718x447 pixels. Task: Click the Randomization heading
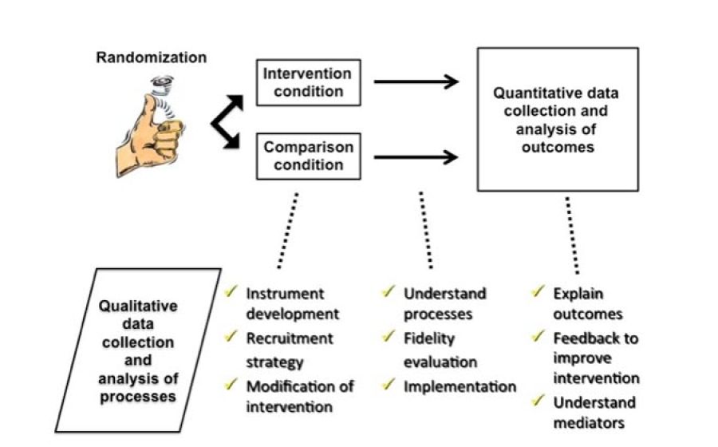pos(152,57)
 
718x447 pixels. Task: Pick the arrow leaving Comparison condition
pos(416,156)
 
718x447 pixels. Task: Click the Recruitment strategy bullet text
pos(285,350)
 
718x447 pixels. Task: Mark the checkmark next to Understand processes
pos(390,293)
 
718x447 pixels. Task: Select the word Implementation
pos(460,386)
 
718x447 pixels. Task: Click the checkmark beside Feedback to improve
pos(539,338)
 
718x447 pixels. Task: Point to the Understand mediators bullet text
pos(594,412)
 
